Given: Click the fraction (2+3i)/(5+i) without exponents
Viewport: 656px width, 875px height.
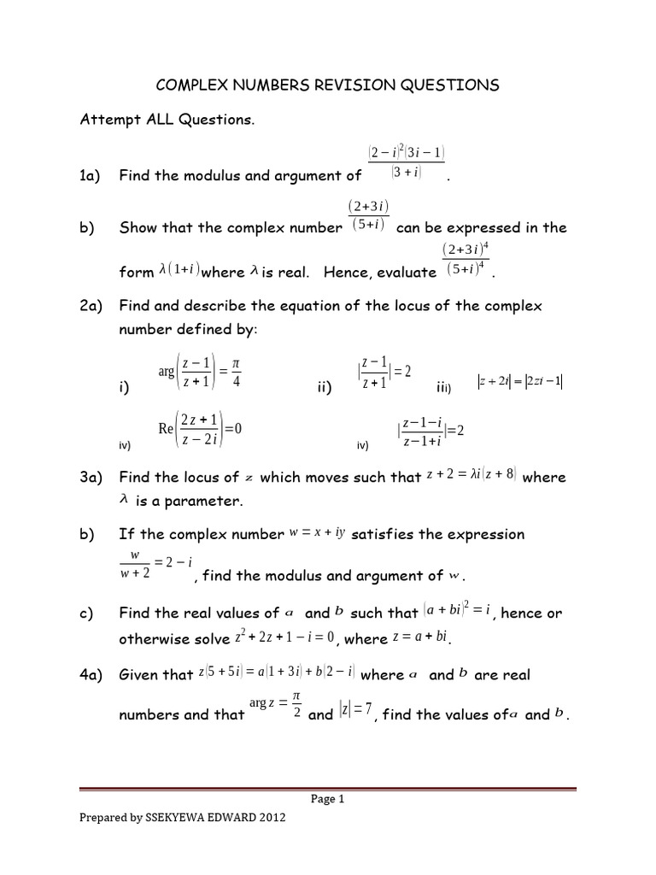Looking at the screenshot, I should (x=368, y=216).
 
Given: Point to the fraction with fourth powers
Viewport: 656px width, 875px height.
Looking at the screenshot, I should (x=465, y=261).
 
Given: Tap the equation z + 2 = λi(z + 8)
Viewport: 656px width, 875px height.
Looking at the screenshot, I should (x=471, y=476).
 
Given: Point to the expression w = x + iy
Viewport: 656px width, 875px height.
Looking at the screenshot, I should (x=316, y=534).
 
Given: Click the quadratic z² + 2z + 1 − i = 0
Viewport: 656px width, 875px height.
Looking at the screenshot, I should (x=283, y=638).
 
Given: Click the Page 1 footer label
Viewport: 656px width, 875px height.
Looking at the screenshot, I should (x=328, y=800).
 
